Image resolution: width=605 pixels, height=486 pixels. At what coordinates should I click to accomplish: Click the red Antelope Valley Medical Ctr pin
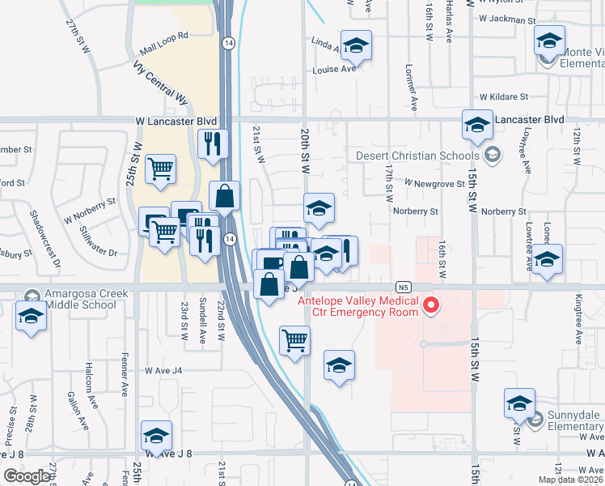[x=431, y=306]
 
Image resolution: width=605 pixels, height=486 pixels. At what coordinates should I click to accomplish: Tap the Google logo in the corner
[x=26, y=476]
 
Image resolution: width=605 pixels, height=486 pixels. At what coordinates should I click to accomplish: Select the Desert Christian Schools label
[x=417, y=156]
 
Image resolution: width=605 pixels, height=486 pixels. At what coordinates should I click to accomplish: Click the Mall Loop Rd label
[x=163, y=36]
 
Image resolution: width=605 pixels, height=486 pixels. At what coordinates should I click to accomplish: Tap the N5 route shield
[x=404, y=287]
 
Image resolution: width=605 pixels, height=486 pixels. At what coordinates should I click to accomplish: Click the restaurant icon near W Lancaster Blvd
[x=212, y=143]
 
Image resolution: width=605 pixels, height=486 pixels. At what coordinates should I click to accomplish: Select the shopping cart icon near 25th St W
[x=161, y=169]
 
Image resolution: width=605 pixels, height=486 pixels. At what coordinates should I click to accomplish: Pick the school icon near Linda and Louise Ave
[x=355, y=46]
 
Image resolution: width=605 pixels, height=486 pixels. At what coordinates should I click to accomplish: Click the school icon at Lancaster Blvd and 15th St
[x=477, y=125]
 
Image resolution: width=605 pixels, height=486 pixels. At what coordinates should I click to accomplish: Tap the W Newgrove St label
[x=434, y=184]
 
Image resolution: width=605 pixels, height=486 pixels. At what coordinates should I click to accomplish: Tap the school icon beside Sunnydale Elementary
[x=519, y=403]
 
